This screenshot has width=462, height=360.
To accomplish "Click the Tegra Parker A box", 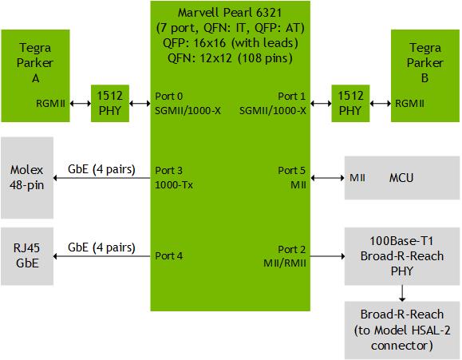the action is tap(35, 76).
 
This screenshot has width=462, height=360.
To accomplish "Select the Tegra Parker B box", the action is tap(424, 76).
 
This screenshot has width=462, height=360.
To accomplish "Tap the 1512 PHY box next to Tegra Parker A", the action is tap(110, 103).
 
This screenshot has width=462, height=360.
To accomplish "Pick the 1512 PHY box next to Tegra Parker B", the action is tap(350, 103).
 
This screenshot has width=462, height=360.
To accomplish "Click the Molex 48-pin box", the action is tap(27, 177).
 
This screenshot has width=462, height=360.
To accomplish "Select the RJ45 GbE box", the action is tap(27, 256).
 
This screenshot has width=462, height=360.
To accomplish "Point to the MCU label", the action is tap(401, 178).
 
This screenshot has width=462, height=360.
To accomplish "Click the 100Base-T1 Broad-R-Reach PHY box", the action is tap(402, 256).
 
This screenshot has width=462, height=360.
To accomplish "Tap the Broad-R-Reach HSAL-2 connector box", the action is tap(402, 330).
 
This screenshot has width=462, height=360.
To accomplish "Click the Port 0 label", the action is tap(169, 96).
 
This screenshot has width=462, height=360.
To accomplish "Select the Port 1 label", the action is tap(292, 96).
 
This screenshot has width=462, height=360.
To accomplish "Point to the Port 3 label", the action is tap(169, 170).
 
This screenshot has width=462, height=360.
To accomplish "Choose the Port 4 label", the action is tap(169, 256).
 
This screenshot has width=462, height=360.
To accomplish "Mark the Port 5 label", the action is tap(292, 170).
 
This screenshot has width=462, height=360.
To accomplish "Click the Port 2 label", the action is tap(292, 249).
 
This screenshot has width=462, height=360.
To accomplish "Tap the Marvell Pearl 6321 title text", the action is tap(230, 13).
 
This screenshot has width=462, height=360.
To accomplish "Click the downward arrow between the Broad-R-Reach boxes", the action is tap(402, 293).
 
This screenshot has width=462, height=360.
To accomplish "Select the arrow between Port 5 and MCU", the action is tap(328, 178).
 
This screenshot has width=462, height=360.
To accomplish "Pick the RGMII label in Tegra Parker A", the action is tap(50, 104).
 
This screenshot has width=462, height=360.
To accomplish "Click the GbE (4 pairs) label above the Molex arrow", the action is tap(101, 169).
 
